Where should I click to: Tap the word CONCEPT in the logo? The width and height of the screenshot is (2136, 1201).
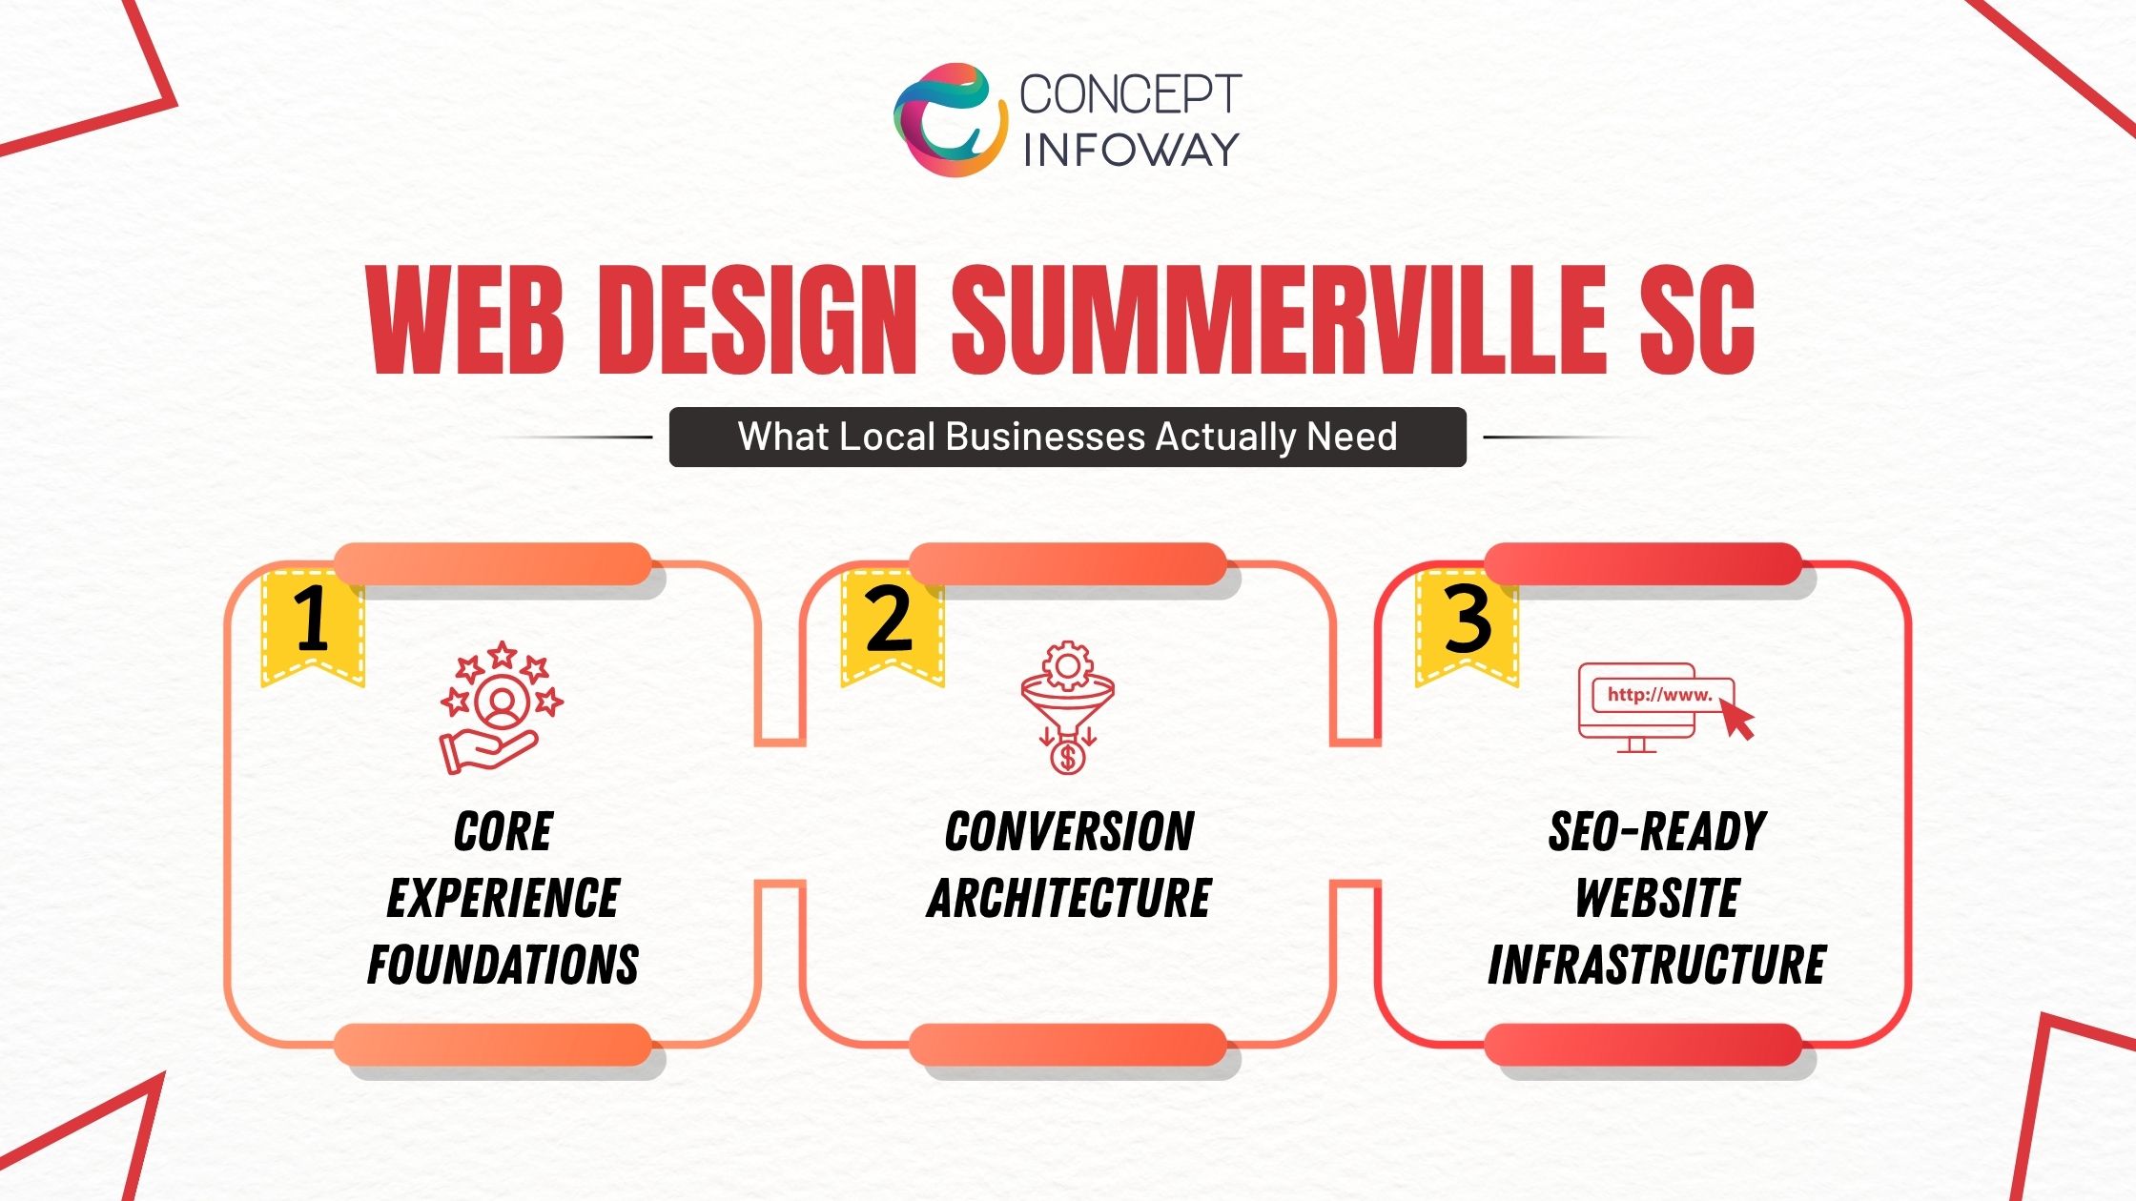1130,94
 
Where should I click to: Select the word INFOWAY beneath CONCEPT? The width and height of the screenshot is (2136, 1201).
1130,150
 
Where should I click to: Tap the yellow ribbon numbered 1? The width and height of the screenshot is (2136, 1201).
313,624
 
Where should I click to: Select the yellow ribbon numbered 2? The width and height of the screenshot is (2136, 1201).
891,624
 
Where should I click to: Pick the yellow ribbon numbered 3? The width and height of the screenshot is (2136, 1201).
1467,624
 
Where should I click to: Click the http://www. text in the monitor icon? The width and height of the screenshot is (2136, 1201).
1659,695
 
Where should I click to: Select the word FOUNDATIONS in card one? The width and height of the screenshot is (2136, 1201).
503,965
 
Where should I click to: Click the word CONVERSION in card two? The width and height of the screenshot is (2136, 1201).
1069,832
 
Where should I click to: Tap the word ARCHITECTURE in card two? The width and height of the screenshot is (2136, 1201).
1069,899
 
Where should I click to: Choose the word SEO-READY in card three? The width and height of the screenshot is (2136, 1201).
1657,832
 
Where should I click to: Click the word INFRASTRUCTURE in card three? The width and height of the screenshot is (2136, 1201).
1657,965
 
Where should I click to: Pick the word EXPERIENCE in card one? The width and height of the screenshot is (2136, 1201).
503,899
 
